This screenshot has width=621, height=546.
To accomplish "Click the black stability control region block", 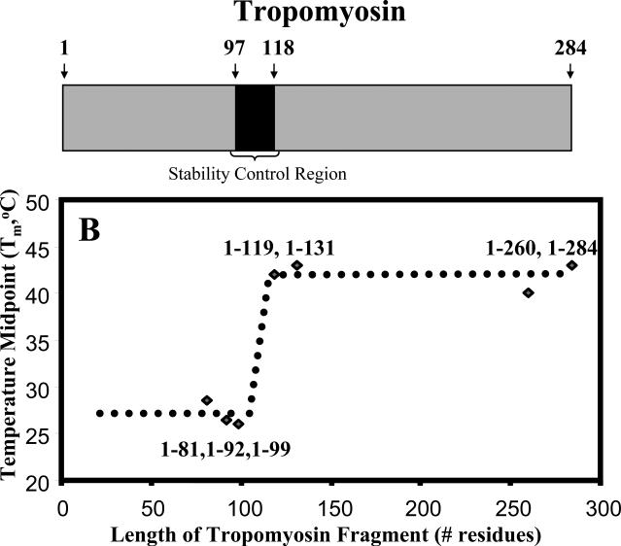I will click(x=255, y=118).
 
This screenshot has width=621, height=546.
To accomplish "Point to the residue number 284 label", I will click(x=570, y=49).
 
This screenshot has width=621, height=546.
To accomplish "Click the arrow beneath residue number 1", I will click(x=63, y=70).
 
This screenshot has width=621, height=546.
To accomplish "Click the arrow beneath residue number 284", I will click(x=569, y=70).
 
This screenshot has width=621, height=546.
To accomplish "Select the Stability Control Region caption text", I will click(x=257, y=174).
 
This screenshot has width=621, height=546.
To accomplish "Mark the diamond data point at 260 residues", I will click(x=528, y=292).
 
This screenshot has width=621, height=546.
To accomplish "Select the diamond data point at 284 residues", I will click(x=571, y=265).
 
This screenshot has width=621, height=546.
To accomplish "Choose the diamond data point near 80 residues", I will click(x=207, y=400).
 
